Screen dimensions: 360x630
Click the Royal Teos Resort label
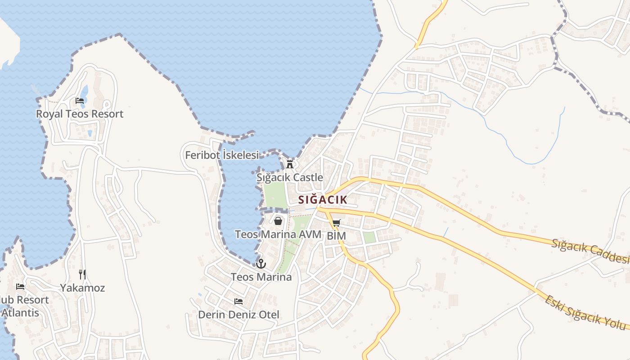(80, 114)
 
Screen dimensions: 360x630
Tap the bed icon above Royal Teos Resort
(80, 101)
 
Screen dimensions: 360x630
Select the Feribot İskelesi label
(222, 155)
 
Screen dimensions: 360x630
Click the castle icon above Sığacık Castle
(290, 164)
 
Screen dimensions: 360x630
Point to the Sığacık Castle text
(290, 177)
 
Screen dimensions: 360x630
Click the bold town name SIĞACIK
(323, 200)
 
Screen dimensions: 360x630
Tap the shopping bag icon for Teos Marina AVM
(278, 221)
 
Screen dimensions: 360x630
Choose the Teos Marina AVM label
(278, 234)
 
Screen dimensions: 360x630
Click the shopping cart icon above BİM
(337, 223)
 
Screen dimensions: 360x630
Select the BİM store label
(337, 236)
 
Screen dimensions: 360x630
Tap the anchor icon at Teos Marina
(261, 264)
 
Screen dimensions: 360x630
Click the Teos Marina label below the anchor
(261, 277)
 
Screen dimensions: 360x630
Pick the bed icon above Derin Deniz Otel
(238, 301)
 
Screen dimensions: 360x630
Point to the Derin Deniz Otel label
(238, 315)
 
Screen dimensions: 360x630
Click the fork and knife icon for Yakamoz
(82, 274)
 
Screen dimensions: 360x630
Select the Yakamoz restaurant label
(82, 288)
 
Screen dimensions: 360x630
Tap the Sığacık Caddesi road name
(590, 252)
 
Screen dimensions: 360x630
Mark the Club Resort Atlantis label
(22, 306)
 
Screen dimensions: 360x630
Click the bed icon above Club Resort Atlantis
(20, 286)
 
